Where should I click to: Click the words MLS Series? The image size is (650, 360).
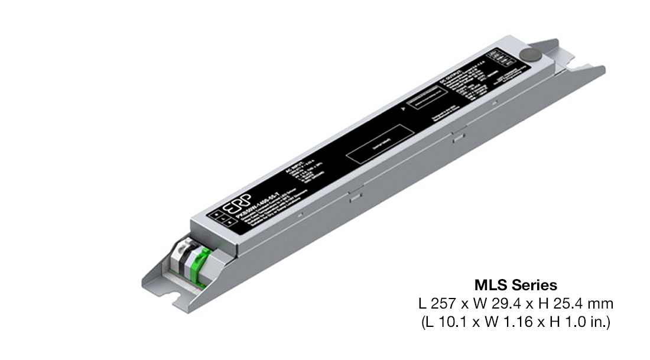click(x=515, y=286)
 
